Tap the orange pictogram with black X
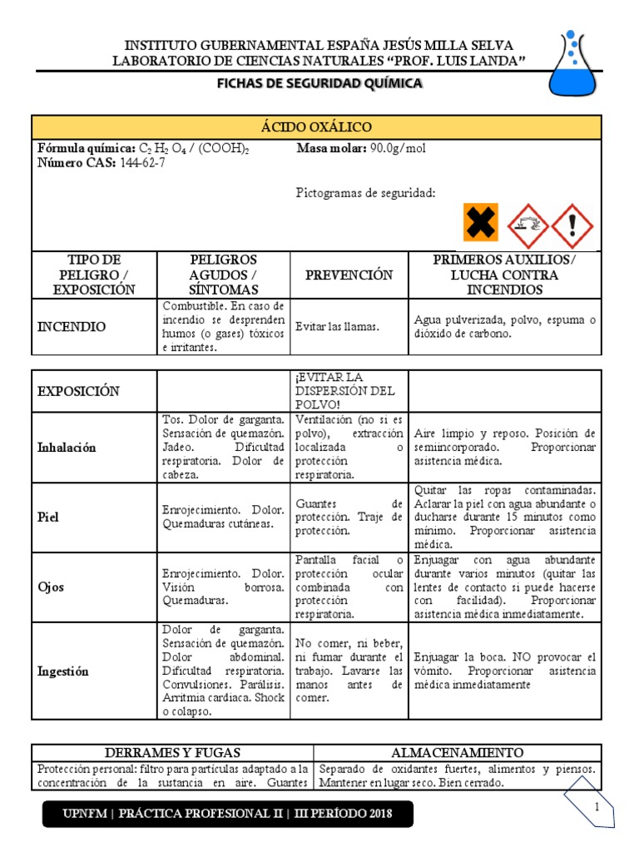(481, 222)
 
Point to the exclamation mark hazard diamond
(572, 224)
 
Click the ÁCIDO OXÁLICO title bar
(316, 127)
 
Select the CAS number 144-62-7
(143, 163)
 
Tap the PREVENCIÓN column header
(349, 275)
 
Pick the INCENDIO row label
(72, 327)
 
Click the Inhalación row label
(67, 448)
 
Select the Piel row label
(49, 517)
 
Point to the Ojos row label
(52, 587)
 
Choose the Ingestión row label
(63, 671)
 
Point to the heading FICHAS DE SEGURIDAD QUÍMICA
(319, 83)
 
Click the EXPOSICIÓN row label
(79, 391)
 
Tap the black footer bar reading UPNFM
(228, 813)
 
